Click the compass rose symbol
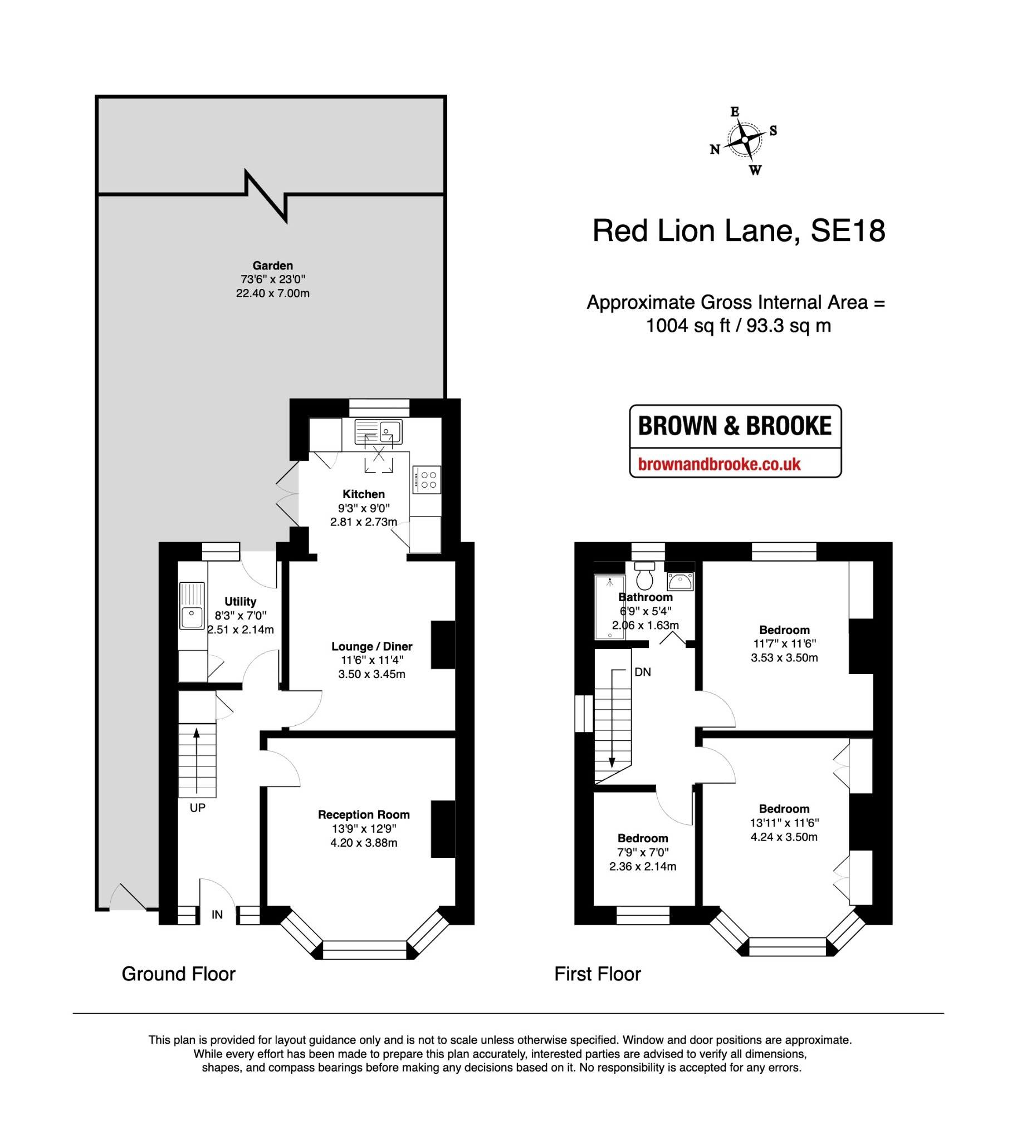744,139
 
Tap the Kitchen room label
363,494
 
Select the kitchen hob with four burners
427,480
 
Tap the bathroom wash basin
680,581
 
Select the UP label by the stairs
198,808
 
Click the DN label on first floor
643,672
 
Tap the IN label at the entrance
217,915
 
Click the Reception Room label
363,815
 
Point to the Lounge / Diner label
371,646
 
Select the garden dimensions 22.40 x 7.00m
272,293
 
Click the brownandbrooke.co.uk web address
719,464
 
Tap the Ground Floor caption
178,974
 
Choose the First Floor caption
597,974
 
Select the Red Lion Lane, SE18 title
738,231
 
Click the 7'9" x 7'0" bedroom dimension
643,853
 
